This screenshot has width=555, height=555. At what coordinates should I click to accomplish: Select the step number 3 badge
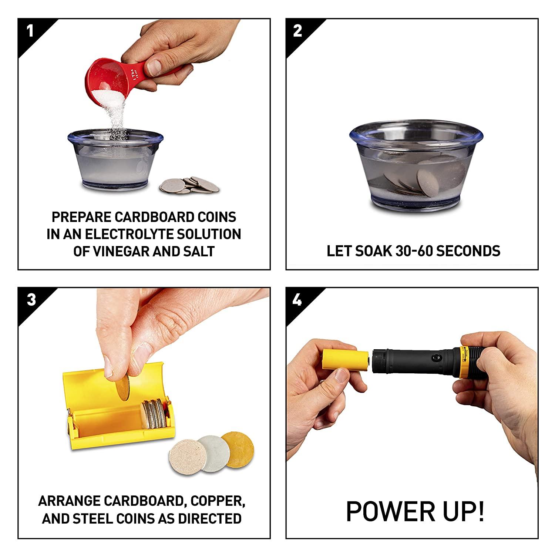coord(30,299)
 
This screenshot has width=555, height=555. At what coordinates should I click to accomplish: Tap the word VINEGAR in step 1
coord(130,251)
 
